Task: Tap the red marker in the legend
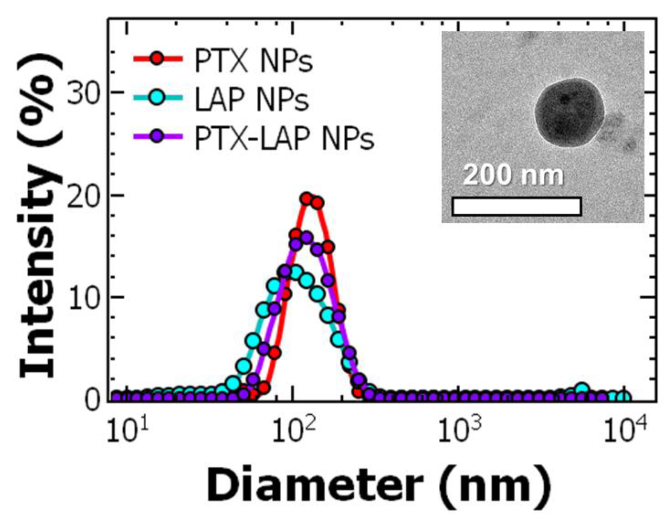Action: click(157, 58)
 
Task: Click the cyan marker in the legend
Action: click(157, 97)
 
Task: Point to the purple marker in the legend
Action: click(157, 136)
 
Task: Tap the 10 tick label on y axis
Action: click(82, 298)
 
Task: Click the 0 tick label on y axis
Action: click(92, 401)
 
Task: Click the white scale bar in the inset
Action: click(516, 206)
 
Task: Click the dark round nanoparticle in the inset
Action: click(569, 113)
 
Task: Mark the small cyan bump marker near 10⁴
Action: click(583, 389)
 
